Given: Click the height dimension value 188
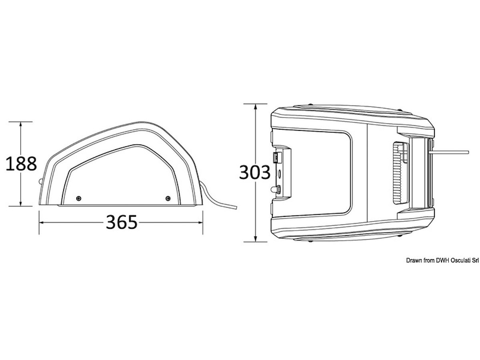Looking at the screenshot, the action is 21,164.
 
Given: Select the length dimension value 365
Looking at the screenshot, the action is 122,222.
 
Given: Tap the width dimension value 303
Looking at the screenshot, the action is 255,172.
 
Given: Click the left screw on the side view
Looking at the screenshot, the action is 79,198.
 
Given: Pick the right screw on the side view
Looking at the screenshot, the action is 168,198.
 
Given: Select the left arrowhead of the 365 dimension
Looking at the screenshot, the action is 42,222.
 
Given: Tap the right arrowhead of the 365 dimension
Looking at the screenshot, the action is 200,222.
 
